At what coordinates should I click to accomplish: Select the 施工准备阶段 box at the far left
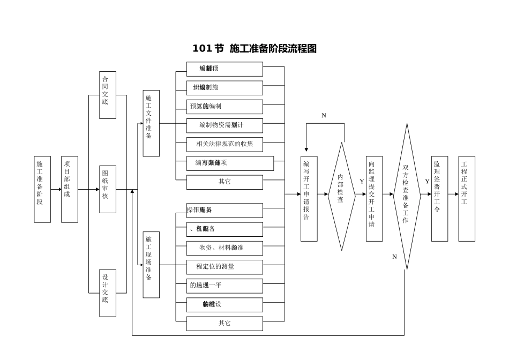tap(42, 189)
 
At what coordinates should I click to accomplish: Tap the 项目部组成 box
tap(70, 189)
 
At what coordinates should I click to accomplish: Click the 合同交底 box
tap(108, 95)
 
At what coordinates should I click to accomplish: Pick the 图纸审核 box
tap(108, 189)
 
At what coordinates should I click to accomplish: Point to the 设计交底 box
tap(108, 292)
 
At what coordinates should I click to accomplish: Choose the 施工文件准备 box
tap(151, 123)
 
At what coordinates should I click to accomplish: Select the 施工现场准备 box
tap(151, 265)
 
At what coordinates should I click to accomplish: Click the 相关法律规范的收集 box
tap(224, 144)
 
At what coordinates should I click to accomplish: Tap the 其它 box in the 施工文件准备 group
tap(224, 182)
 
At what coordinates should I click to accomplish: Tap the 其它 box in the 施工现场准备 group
tap(224, 324)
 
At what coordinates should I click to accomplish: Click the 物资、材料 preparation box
tap(224, 248)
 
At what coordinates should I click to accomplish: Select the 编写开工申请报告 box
tap(309, 198)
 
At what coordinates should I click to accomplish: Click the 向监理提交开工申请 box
tap(375, 198)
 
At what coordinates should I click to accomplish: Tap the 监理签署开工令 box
tap(439, 198)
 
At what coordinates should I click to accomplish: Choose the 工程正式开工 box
tap(467, 198)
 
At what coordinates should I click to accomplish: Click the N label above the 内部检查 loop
tap(324, 116)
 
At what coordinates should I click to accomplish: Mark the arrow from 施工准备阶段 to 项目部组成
tap(56, 189)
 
